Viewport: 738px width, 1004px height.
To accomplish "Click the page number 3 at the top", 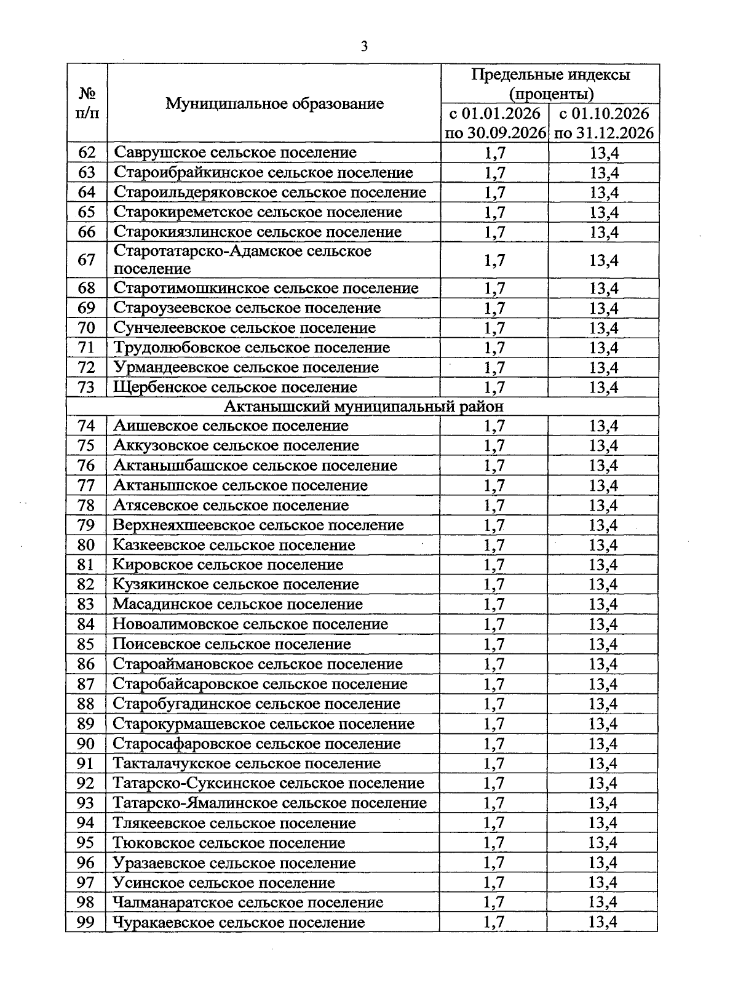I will click(x=364, y=47).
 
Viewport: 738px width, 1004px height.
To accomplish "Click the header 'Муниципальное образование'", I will click(x=274, y=103).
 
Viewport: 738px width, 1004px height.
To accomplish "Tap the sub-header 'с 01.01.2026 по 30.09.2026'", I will click(x=495, y=124).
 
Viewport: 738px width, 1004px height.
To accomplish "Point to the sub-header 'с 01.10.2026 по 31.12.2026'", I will click(x=603, y=124).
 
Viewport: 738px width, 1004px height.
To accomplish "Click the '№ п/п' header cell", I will click(x=87, y=103).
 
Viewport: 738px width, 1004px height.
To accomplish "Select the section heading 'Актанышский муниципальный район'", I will click(x=363, y=407).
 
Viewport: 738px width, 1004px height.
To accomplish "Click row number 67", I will click(x=87, y=260).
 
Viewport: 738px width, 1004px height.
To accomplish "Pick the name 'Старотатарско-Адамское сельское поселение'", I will click(x=242, y=260).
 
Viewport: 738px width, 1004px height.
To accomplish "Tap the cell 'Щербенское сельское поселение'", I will click(x=236, y=388).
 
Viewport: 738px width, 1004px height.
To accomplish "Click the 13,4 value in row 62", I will click(x=603, y=153).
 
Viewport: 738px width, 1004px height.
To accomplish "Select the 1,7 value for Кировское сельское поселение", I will click(x=494, y=565).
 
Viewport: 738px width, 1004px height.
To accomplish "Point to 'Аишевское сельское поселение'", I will click(x=231, y=426).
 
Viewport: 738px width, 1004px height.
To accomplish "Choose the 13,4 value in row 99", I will click(x=603, y=922).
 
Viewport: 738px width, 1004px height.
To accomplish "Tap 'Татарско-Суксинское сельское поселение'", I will click(x=268, y=783).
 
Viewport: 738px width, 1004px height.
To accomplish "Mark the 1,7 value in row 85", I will click(x=494, y=644).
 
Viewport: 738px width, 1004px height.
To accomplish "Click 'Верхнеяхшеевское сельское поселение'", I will click(x=258, y=525).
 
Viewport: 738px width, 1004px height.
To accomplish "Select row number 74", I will click(x=86, y=426).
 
